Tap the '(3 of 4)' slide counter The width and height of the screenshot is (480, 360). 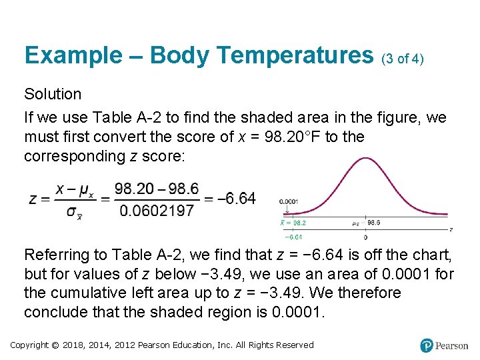(x=403, y=59)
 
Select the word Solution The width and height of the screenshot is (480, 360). (x=53, y=94)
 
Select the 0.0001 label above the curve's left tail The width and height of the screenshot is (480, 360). (x=289, y=201)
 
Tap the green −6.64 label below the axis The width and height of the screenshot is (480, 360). (x=293, y=237)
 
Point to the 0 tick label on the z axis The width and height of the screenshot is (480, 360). (x=365, y=237)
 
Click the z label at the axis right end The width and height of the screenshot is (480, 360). (x=451, y=229)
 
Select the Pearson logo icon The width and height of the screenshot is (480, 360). (x=427, y=345)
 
